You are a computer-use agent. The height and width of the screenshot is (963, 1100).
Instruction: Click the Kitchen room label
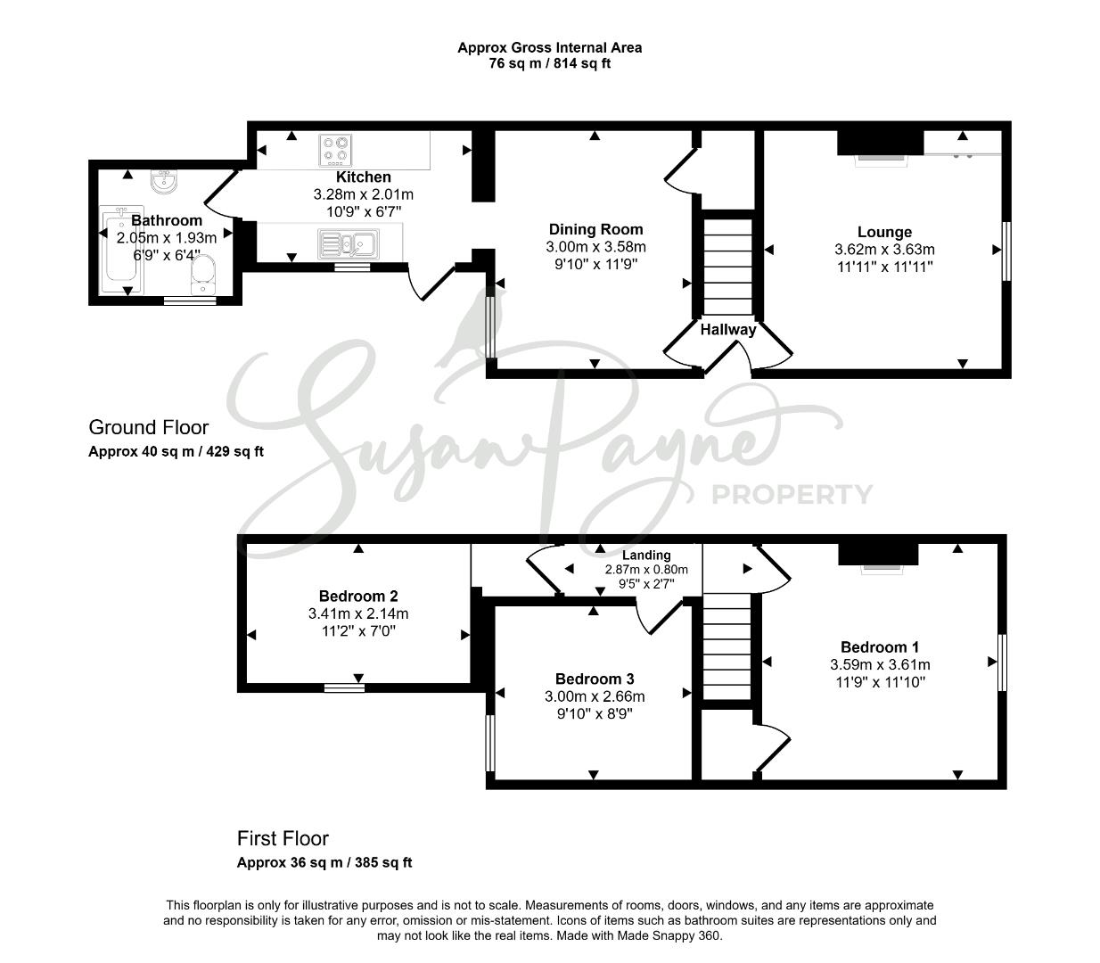point(363,177)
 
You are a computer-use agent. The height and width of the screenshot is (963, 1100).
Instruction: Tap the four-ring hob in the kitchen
point(336,150)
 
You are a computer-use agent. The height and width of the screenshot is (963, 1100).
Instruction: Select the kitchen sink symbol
point(348,243)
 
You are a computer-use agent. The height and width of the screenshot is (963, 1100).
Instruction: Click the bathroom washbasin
point(164,181)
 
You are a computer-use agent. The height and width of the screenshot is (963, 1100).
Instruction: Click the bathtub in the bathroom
point(121,250)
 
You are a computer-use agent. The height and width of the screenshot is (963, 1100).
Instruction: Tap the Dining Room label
point(595,229)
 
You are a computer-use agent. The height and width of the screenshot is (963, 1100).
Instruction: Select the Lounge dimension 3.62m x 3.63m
point(884,250)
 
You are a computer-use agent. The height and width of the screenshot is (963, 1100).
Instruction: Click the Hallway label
point(728,329)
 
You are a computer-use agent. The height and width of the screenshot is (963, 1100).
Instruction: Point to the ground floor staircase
point(728,267)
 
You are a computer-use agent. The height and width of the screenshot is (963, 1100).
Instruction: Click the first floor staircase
point(726,646)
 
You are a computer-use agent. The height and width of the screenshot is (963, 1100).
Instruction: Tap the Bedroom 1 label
point(880,646)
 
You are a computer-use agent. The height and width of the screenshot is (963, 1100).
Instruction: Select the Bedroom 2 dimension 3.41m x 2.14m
point(358,613)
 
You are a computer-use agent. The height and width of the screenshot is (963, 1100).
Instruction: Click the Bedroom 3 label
point(595,679)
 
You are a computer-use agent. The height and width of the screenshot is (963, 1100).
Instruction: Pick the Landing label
point(646,555)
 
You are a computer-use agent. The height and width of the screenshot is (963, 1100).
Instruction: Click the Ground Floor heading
point(148,427)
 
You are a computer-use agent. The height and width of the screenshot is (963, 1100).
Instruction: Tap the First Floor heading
point(283,838)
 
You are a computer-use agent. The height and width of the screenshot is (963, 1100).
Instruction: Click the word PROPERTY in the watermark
point(792,495)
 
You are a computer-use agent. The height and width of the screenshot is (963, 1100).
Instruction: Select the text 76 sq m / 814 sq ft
point(549,63)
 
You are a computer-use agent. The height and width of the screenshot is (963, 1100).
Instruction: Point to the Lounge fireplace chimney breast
point(880,143)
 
